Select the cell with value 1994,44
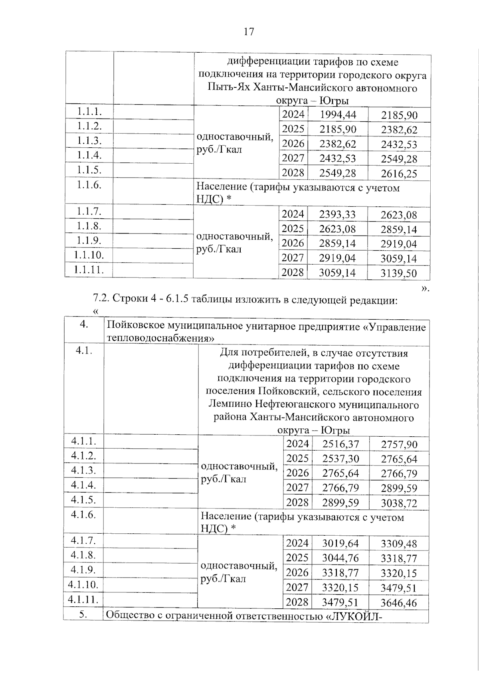click(x=338, y=115)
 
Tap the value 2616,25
click(x=399, y=174)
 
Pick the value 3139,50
click(x=398, y=273)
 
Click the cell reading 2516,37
click(x=340, y=444)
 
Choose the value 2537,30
click(x=340, y=459)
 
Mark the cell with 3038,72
click(x=399, y=503)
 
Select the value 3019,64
click(x=340, y=543)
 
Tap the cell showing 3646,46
click(x=399, y=603)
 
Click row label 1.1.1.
click(x=89, y=112)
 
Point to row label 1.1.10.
click(x=89, y=255)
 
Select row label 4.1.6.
click(x=83, y=515)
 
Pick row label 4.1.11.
click(x=83, y=599)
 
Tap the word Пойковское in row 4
click(x=135, y=327)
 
